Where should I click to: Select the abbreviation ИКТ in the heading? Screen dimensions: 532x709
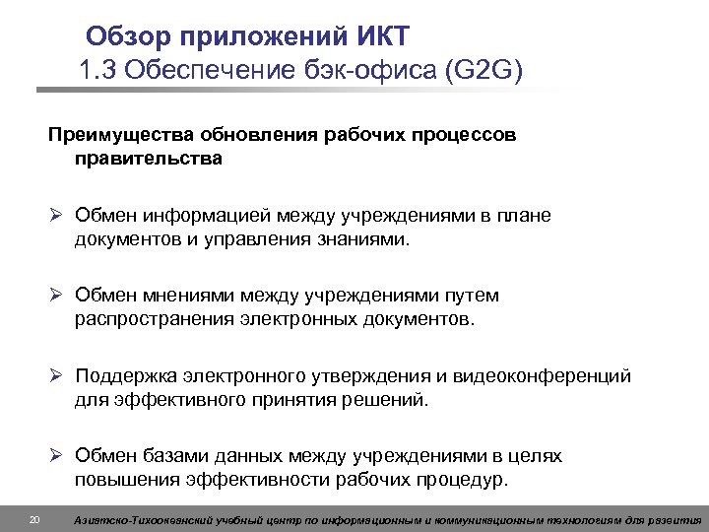coord(378,36)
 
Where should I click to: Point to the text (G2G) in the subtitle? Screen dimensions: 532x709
coord(485,70)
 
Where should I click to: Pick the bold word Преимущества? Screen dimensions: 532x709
coord(117,133)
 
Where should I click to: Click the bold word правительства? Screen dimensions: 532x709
coord(147,157)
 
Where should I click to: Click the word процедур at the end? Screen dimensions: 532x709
coord(462,481)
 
